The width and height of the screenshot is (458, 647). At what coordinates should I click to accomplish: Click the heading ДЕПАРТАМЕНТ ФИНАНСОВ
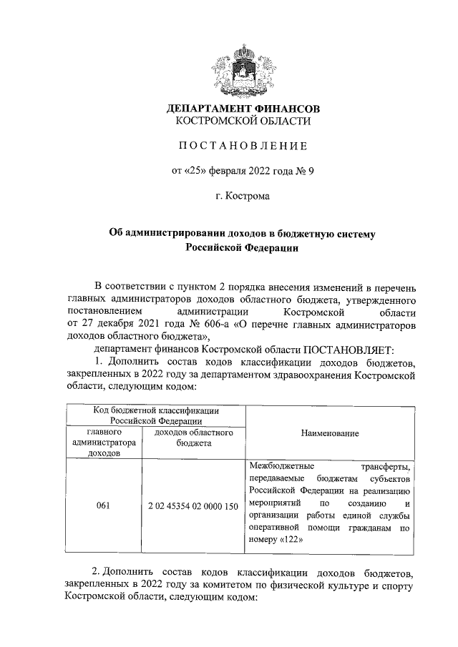click(x=243, y=109)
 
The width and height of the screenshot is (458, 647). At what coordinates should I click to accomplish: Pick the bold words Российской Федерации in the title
click(x=243, y=248)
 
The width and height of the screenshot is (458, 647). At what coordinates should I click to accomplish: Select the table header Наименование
click(x=331, y=433)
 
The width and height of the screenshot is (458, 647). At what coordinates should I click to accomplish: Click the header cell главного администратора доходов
click(x=103, y=443)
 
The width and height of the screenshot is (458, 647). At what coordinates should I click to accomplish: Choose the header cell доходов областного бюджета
click(x=193, y=438)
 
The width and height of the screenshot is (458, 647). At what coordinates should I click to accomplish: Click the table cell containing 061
click(x=103, y=505)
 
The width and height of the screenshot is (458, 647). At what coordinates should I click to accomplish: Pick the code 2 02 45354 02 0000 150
click(x=193, y=505)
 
